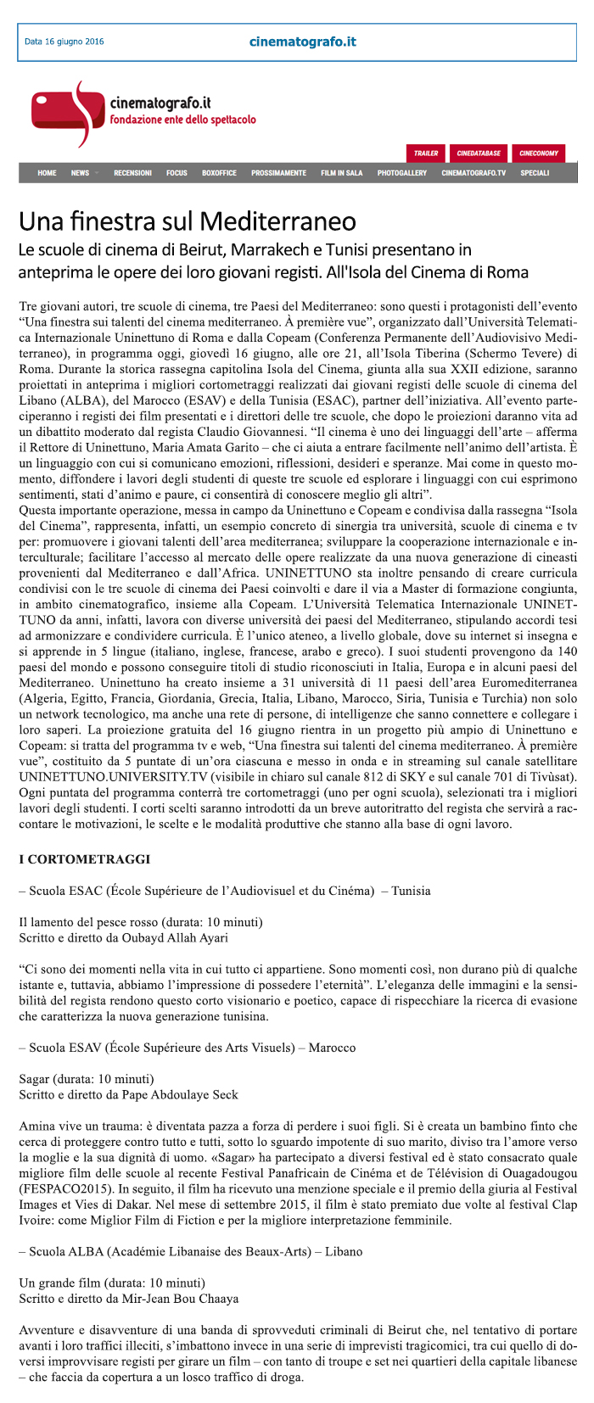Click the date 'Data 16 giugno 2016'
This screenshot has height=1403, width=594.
(64, 42)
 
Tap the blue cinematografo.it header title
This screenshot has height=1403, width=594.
(302, 42)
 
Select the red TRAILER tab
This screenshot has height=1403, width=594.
(426, 154)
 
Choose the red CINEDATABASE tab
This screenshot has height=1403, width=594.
(479, 154)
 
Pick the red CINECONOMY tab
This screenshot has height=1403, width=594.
(539, 154)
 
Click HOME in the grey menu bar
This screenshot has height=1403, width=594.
(47, 173)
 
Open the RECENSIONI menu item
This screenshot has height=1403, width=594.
(132, 173)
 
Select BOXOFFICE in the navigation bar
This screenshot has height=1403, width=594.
(219, 173)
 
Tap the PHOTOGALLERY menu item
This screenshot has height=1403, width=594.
(402, 173)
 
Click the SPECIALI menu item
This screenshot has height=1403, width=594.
(535, 173)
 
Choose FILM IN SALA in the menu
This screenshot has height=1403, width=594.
(341, 173)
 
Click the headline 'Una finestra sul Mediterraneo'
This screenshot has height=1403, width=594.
(188, 222)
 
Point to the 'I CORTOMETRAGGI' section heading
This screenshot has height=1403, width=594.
(85, 859)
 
